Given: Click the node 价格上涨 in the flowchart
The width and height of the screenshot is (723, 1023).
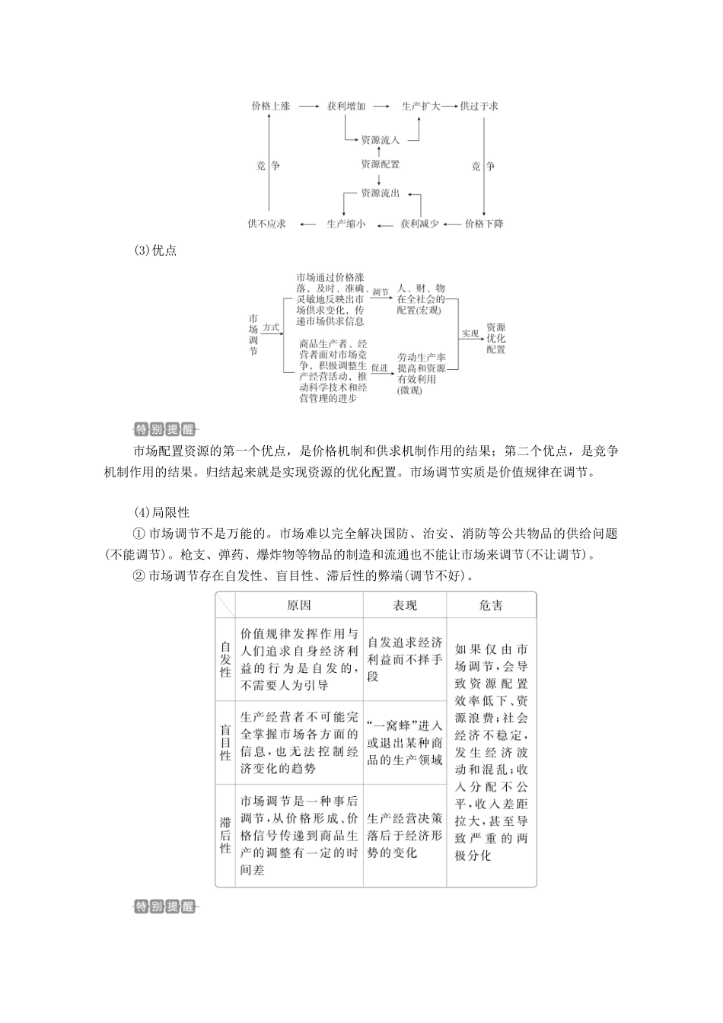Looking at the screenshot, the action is pos(270,107).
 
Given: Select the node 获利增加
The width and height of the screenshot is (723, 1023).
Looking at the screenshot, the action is pos(346,107).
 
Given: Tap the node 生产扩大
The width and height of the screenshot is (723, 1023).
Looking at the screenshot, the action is pos(420,107).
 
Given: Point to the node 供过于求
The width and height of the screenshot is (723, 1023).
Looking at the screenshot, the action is pos(479,107).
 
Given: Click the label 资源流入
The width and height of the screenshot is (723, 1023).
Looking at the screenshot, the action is pos(380,140).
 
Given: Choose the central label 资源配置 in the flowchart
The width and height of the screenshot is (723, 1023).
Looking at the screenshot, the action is pos(380,164).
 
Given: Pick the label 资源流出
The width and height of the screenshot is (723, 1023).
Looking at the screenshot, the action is pos(380,193).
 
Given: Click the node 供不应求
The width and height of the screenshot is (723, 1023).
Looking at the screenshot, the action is pos(266,224).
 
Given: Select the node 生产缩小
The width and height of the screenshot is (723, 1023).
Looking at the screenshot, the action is pos(346,224).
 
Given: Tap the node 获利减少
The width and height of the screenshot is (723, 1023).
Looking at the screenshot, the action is pos(419,224).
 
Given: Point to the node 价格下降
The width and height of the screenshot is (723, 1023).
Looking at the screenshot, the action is pos(484,224).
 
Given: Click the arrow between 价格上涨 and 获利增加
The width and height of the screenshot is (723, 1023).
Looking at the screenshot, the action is pos(309,107).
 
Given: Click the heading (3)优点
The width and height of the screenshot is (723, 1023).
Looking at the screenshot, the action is pos(154,250).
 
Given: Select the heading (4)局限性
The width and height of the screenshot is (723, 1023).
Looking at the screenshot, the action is pos(161,512).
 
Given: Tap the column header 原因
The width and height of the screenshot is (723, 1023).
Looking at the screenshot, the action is pos(299,606).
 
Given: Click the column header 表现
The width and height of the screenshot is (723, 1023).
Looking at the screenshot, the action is pos(405,606).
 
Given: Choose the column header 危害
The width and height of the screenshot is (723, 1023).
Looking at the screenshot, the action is pos(491,606).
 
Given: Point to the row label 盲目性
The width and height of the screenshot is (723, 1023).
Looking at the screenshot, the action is pos(225,743).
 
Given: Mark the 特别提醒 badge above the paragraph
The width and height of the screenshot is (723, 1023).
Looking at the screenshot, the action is pos(164,429).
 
